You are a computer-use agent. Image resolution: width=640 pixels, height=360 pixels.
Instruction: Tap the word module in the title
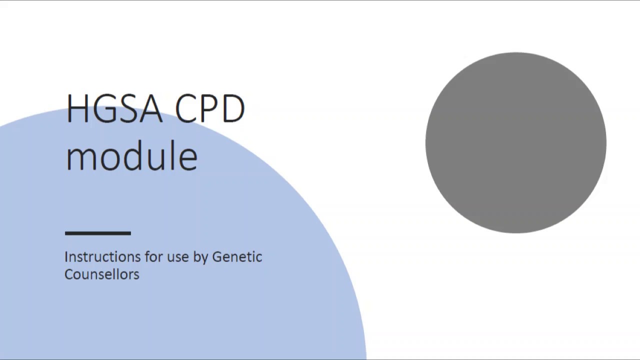(131, 155)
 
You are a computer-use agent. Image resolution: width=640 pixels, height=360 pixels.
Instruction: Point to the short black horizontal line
(98, 233)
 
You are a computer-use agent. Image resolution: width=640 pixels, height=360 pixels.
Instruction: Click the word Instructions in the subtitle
(102, 257)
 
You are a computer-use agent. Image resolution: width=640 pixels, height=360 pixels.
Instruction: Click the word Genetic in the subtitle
(237, 257)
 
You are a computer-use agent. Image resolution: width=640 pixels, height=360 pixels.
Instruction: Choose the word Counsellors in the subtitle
(101, 274)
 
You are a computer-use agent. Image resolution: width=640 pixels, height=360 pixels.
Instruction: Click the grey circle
(515, 142)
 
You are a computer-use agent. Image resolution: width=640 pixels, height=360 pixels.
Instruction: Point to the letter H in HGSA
(77, 108)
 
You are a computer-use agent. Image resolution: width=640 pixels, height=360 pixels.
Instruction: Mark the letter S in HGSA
(127, 108)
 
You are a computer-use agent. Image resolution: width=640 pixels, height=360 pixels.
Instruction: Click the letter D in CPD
(233, 108)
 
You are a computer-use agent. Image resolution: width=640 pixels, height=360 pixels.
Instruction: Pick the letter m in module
(80, 158)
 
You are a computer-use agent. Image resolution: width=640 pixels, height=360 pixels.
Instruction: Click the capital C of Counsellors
(69, 274)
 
